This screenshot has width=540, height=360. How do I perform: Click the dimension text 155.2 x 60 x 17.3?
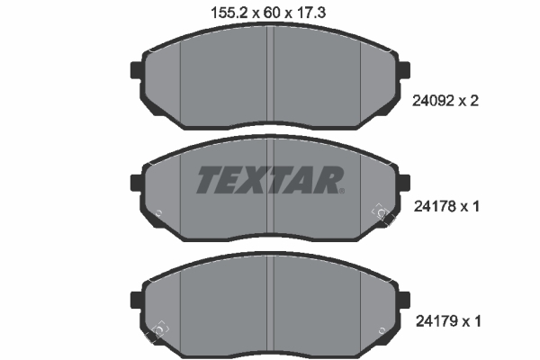tap(268, 13)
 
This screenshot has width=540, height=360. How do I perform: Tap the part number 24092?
tap(433, 101)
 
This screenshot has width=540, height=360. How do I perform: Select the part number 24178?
tap(435, 207)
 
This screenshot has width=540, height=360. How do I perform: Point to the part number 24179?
tap(436, 321)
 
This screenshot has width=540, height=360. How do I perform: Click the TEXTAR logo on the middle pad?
tap(270, 179)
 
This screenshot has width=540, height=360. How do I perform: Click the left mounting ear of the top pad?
tap(137, 70)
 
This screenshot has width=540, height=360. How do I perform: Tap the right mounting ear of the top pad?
tap(404, 70)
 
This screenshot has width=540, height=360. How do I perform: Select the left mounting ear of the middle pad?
tap(137, 183)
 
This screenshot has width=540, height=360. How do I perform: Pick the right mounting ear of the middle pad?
tap(404, 183)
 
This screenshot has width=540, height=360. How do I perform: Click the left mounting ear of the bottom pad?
tap(137, 300)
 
